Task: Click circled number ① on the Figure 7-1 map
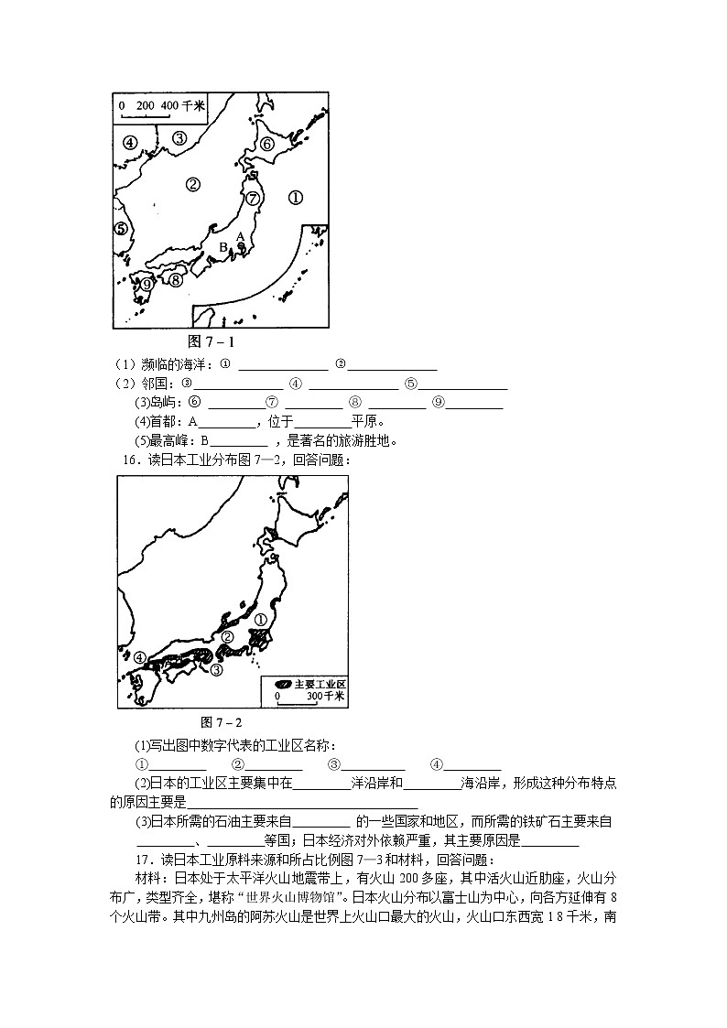pyautogui.click(x=295, y=196)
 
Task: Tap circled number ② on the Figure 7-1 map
pyautogui.click(x=192, y=184)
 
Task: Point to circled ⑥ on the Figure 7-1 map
pyautogui.click(x=266, y=143)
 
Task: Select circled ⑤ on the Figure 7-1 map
pyautogui.click(x=120, y=229)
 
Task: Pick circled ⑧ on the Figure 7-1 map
pyautogui.click(x=176, y=279)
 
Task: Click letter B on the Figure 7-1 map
pyautogui.click(x=222, y=247)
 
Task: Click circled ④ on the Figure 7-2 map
pyautogui.click(x=138, y=657)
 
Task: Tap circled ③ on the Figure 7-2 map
pyautogui.click(x=217, y=670)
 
